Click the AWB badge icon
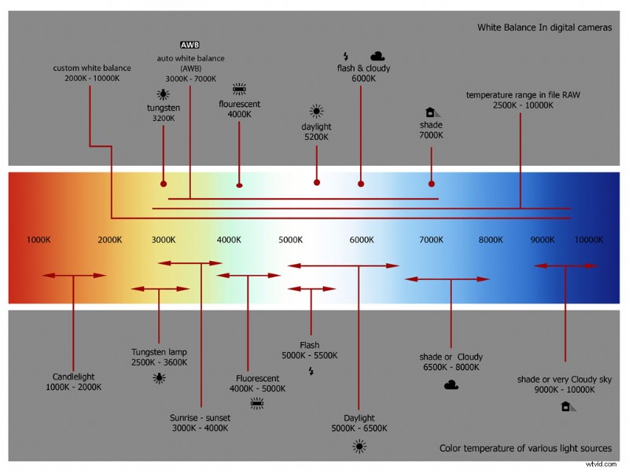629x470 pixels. (x=190, y=45)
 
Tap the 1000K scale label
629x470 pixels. (x=39, y=240)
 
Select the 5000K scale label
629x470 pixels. (x=291, y=240)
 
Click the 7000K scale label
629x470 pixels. (x=431, y=240)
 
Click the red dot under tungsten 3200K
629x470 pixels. (x=164, y=183)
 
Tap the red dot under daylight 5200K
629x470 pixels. (x=317, y=182)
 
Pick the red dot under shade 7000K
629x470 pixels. (x=432, y=184)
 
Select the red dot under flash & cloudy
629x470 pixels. (x=361, y=184)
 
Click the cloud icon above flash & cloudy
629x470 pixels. (x=377, y=56)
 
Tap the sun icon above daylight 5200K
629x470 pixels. (x=316, y=111)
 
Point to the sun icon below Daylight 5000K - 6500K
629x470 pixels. (x=359, y=446)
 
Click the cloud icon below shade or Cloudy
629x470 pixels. (x=451, y=384)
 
